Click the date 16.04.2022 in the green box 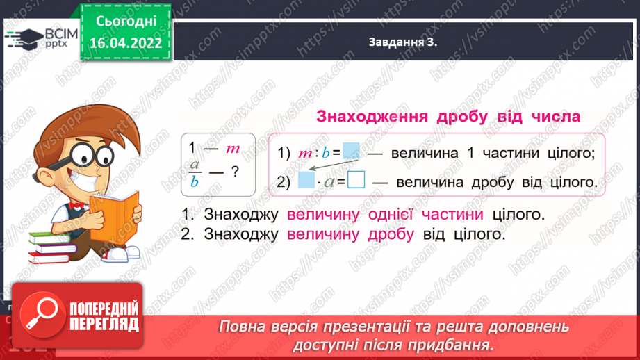click(126, 42)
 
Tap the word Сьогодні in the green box click(126, 21)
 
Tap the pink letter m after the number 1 click(232, 148)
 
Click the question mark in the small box click(235, 171)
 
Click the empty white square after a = click(356, 181)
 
